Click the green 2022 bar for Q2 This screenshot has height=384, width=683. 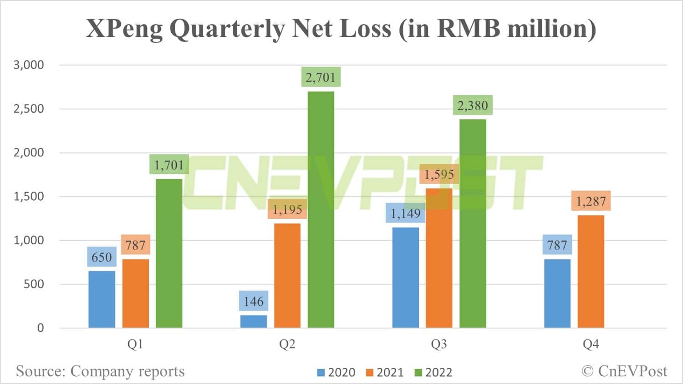pyautogui.click(x=321, y=209)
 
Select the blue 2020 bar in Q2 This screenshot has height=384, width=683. pyautogui.click(x=254, y=321)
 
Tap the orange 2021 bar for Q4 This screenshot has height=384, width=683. pyautogui.click(x=591, y=271)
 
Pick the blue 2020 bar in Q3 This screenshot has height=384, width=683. pyautogui.click(x=405, y=278)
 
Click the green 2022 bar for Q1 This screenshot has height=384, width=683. pyautogui.click(x=169, y=253)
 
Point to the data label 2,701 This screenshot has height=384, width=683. pyautogui.click(x=321, y=77)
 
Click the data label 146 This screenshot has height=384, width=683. pyautogui.click(x=254, y=301)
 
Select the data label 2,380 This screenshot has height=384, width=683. pyautogui.click(x=473, y=106)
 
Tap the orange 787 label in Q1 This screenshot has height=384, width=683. pyautogui.click(x=135, y=245)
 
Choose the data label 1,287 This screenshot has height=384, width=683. pyautogui.click(x=591, y=201)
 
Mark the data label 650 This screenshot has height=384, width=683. pyautogui.click(x=102, y=257)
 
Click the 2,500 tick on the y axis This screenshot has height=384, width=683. pyautogui.click(x=29, y=109)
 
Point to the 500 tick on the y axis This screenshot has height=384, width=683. pyautogui.click(x=35, y=284)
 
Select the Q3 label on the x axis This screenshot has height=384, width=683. pyautogui.click(x=439, y=344)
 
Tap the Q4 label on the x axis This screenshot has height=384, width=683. pyautogui.click(x=591, y=344)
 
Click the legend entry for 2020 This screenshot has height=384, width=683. pyautogui.click(x=336, y=372)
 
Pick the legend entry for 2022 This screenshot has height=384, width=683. pyautogui.click(x=433, y=372)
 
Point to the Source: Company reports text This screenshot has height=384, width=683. pyautogui.click(x=100, y=371)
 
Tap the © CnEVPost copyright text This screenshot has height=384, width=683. pyautogui.click(x=624, y=371)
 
